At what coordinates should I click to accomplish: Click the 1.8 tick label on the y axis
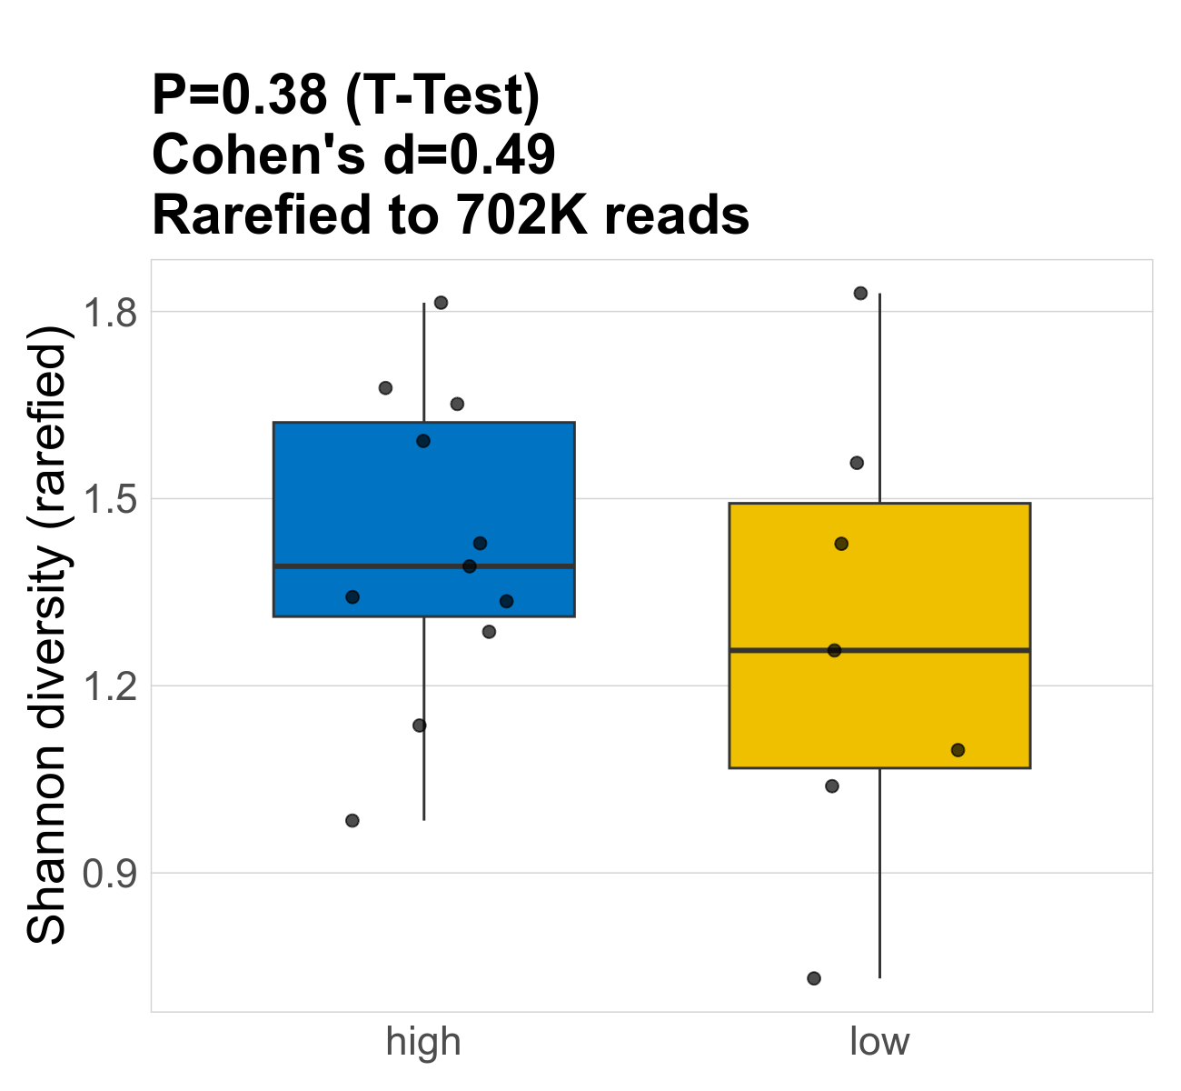point(109,312)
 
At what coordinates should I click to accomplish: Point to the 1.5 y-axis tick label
point(109,499)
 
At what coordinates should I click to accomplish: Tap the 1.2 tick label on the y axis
point(109,686)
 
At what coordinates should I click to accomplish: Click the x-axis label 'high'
point(423,1042)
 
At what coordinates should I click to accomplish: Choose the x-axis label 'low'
point(879,1042)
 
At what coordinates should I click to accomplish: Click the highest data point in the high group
point(441,303)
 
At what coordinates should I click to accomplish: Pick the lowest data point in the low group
point(814,978)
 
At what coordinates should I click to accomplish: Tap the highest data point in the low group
point(860,293)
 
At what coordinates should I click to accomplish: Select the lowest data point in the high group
point(352,821)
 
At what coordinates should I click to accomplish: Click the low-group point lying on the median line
point(834,650)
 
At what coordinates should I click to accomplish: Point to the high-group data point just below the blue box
point(489,632)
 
